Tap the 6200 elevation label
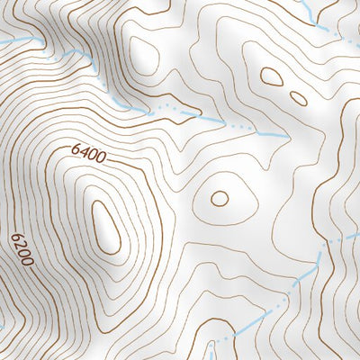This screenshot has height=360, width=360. coord(22,251)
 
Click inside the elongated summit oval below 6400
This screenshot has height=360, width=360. coord(106,226)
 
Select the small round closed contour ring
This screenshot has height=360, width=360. coord(220,197)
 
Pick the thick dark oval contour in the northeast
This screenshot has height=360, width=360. coord(271,78)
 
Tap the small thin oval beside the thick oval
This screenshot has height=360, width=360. coord(297,97)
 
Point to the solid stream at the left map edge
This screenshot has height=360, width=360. coord(11,41)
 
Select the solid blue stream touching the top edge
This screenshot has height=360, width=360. coord(307,11)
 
